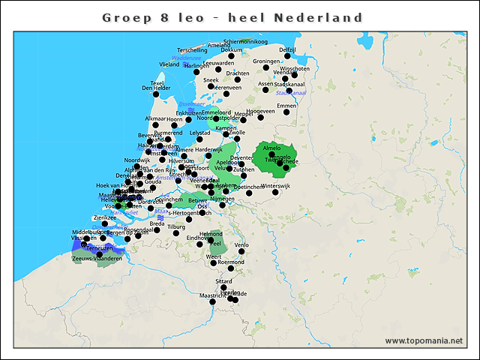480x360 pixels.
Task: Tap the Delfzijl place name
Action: (287, 49)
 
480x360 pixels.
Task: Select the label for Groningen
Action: (266, 61)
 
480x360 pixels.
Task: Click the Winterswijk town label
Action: (275, 185)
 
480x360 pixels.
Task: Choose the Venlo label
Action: (241, 245)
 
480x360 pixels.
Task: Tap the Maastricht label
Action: (213, 296)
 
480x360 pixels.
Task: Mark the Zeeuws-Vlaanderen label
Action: (97, 258)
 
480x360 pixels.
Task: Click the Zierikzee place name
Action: (104, 217)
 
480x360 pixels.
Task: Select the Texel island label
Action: (157, 83)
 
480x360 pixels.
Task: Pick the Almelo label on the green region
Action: (272, 148)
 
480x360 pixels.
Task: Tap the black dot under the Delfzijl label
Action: (287, 56)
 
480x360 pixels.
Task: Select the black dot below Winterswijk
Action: (275, 193)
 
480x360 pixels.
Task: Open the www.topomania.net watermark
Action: (424, 340)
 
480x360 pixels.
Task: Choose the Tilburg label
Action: (176, 226)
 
